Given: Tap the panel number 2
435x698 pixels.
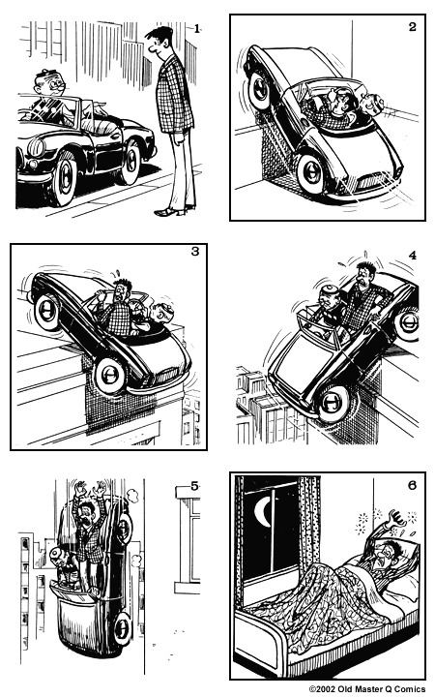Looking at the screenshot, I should [x=412, y=27].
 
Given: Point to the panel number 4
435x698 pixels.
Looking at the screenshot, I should [x=412, y=256].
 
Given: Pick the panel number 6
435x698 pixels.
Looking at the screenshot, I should [x=412, y=485].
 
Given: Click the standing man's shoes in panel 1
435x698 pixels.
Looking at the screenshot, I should [x=171, y=210].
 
